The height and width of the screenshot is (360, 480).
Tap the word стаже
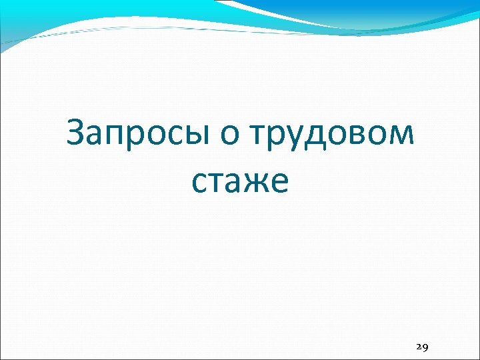coord(240,181)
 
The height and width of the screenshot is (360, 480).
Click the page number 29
coord(421,347)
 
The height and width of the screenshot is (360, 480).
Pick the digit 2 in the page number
coord(418,347)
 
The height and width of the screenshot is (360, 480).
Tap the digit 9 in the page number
coord(425,347)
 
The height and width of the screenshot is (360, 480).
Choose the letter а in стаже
coord(233,183)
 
